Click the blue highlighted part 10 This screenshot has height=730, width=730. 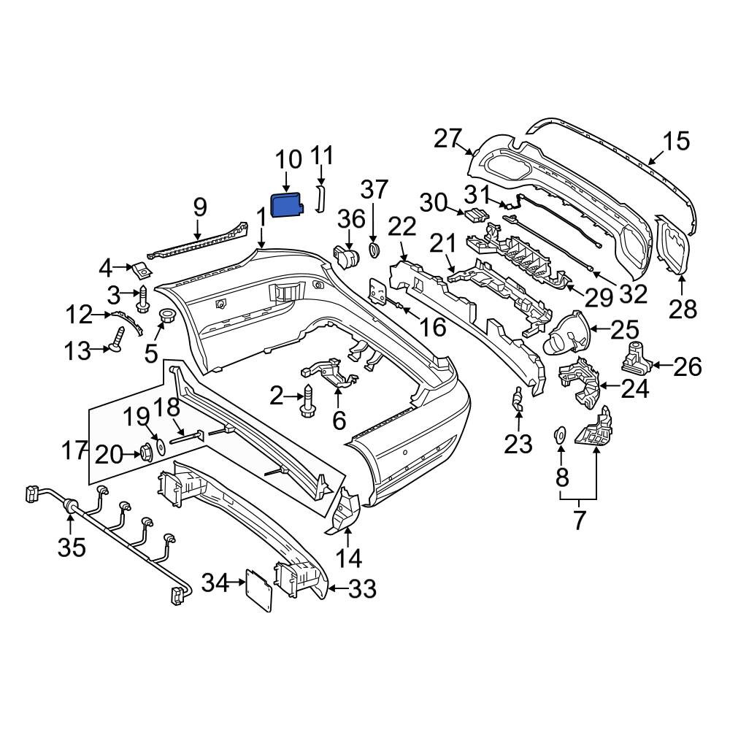(x=287, y=205)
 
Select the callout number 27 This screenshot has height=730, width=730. (x=447, y=138)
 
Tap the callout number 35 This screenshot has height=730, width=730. (x=72, y=547)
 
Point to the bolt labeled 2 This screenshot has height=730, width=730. (x=307, y=400)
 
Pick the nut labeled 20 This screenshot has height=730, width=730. (x=148, y=453)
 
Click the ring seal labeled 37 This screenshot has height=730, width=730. (x=374, y=250)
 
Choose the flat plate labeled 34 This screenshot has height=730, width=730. (x=259, y=589)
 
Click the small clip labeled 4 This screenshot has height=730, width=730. (x=142, y=269)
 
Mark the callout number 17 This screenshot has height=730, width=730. (x=74, y=450)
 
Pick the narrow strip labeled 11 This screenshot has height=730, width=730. (x=320, y=199)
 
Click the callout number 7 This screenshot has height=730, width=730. (x=578, y=520)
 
